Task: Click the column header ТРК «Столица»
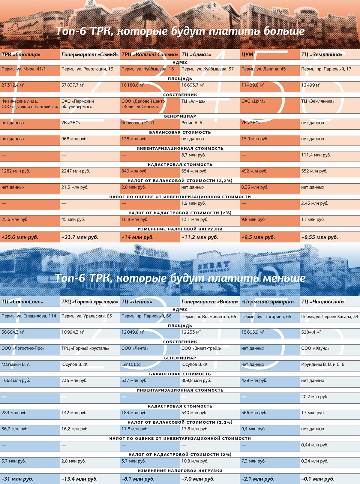21,55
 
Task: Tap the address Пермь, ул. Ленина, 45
263,69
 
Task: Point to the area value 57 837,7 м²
73,85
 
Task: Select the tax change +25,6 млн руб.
20,237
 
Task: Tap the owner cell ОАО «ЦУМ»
253,101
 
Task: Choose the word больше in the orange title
284,31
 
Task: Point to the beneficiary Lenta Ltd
131,365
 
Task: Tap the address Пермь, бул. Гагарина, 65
266,317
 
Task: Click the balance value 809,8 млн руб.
196,380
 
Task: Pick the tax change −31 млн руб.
17,479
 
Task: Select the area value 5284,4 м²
311,332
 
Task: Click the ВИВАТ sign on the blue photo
214,265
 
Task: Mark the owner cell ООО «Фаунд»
315,348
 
